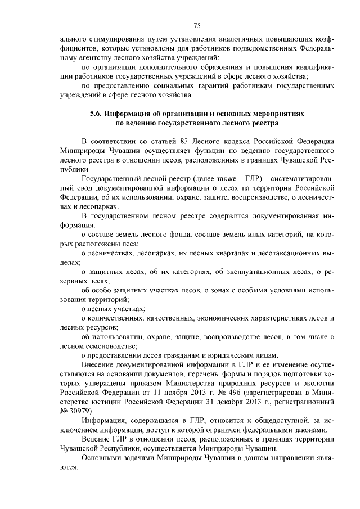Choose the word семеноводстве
coord(109,345)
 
